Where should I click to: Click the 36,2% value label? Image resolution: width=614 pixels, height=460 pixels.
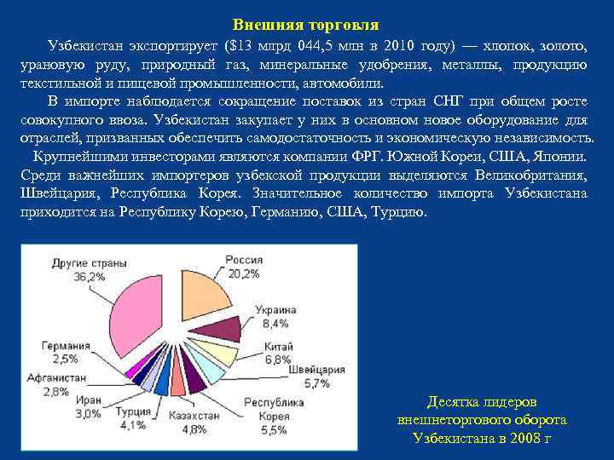tap(90, 276)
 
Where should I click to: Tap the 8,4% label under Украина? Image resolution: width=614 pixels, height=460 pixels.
tap(277, 323)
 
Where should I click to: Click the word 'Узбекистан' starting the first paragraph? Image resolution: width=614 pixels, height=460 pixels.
tap(85, 45)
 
